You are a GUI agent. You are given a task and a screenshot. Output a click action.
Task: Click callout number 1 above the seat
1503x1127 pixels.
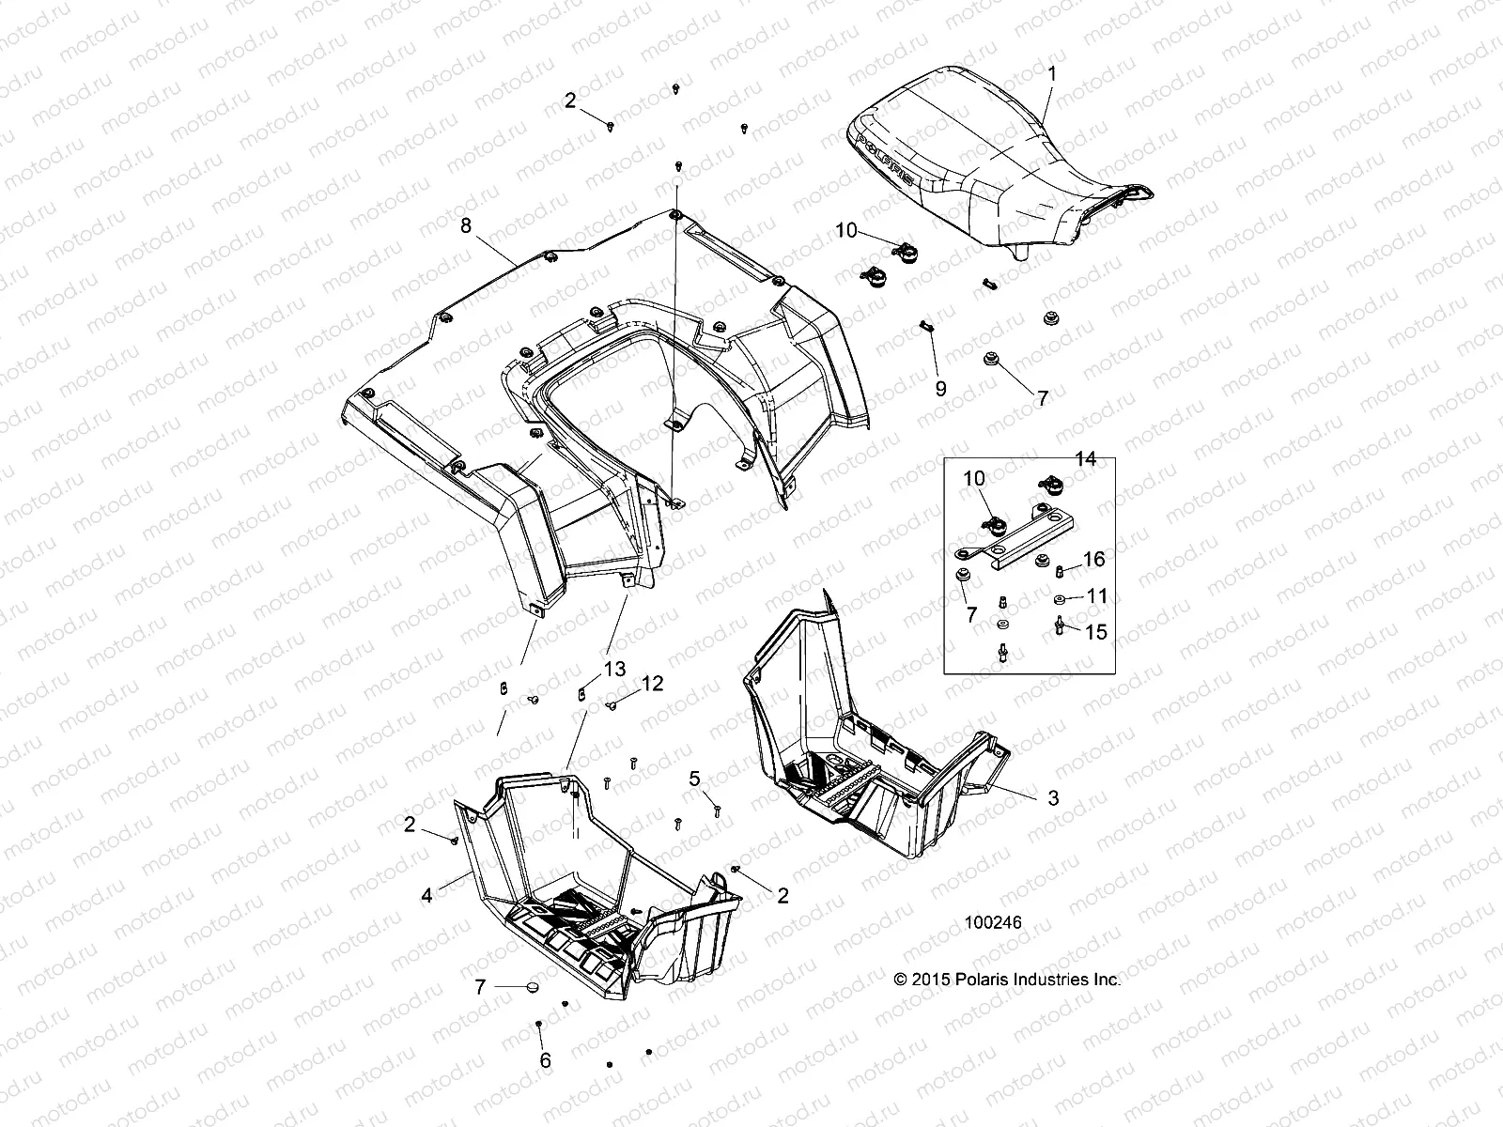[x=1052, y=72]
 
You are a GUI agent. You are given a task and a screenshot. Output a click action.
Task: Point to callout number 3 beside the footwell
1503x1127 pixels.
[x=1053, y=797]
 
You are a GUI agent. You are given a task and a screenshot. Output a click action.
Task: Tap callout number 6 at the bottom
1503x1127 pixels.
[x=545, y=1061]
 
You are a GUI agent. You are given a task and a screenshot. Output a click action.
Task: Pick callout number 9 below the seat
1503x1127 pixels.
[x=940, y=389]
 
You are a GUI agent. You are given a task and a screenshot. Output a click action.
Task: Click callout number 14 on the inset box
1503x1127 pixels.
[x=1085, y=459]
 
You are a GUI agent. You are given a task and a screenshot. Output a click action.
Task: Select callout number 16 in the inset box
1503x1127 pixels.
[x=1093, y=560]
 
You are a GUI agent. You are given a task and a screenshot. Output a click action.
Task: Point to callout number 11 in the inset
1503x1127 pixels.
[x=1096, y=595]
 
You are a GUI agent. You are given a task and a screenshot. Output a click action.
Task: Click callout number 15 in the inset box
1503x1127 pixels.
[x=1096, y=632]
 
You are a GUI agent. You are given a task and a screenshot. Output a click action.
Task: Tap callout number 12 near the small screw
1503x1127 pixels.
[x=652, y=684]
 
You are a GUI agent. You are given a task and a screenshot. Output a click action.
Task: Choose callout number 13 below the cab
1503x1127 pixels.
[x=613, y=669]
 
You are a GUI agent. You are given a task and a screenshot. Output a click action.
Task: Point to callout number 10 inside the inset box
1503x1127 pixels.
[x=973, y=479]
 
